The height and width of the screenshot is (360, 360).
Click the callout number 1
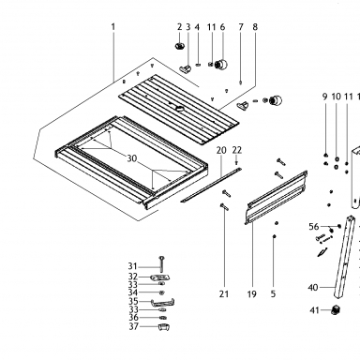[x=113, y=27]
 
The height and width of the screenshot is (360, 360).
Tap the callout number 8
[x=255, y=27]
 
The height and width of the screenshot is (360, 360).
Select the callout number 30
[x=132, y=158]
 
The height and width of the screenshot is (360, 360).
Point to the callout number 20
[x=221, y=150]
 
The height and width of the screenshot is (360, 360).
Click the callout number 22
[x=237, y=150]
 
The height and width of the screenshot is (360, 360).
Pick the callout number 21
[x=224, y=294]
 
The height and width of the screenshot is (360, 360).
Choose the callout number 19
[x=252, y=294]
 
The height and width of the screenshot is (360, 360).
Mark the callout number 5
[x=273, y=294]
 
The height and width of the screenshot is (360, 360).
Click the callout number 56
[x=314, y=227]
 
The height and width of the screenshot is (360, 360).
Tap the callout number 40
[x=313, y=287]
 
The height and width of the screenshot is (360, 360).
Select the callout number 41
[x=314, y=310]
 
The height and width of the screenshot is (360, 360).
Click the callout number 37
[x=134, y=326]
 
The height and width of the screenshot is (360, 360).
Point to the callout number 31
[x=132, y=266]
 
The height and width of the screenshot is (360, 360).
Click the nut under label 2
[x=179, y=46]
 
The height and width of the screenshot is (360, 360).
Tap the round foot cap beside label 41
[x=336, y=310]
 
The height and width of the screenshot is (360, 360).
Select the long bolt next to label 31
[x=161, y=264]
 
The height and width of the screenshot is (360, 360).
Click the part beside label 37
[x=163, y=327]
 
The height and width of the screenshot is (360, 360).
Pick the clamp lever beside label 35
[x=163, y=302]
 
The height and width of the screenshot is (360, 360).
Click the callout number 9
[x=325, y=97]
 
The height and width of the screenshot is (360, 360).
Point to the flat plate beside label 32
[x=160, y=277]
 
